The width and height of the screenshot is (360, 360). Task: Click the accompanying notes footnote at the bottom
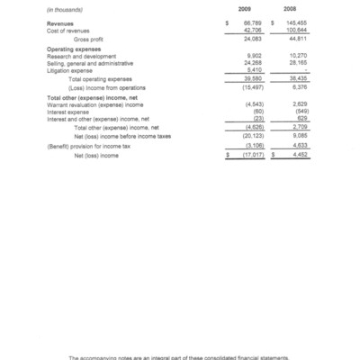click(x=180, y=355)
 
